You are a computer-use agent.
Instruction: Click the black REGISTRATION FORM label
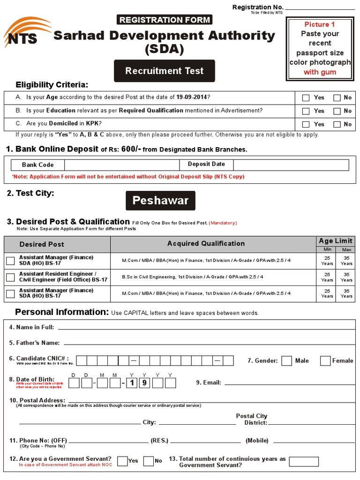point(164,20)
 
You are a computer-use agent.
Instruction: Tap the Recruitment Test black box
point(165,71)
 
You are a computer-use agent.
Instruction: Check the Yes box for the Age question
point(306,98)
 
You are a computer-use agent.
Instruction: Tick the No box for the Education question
point(337,111)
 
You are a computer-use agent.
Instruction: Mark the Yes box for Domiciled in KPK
point(306,125)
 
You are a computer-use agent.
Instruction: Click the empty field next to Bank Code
point(122,165)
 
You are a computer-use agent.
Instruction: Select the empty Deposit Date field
point(291,165)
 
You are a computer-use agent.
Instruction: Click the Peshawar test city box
point(160,201)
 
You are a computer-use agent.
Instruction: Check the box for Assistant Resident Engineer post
point(10,277)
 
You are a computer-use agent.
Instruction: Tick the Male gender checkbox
point(287,360)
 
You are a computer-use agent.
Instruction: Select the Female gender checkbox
point(325,360)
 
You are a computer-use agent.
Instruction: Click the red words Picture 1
point(320,24)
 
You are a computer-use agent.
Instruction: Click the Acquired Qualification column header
point(206,244)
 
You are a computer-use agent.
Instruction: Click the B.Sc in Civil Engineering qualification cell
point(213,277)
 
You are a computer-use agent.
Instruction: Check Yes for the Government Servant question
point(122,461)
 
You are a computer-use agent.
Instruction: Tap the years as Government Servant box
point(304,462)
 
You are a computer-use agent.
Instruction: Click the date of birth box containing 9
point(145,382)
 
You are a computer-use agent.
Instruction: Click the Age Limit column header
point(336,241)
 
